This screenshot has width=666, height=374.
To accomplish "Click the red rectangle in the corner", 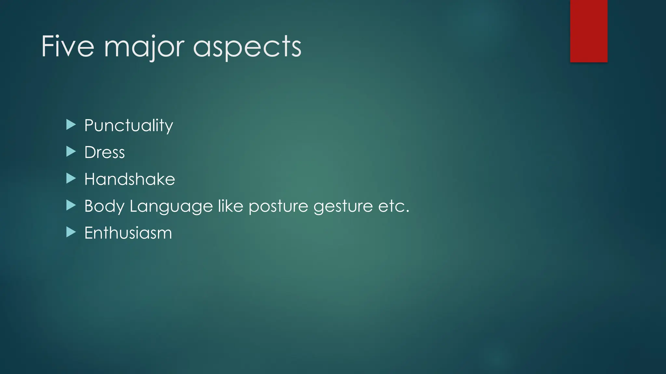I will [x=589, y=31].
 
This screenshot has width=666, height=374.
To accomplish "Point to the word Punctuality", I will [x=128, y=126].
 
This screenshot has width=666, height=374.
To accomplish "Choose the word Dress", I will [x=104, y=152].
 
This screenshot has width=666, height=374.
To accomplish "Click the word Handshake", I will [x=129, y=179].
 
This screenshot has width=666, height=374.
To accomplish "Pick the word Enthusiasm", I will [x=128, y=233].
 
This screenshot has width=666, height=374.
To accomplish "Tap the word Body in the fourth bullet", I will [x=104, y=206].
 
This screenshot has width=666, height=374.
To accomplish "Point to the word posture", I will [x=278, y=206].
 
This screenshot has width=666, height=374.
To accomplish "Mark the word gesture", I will [x=343, y=206].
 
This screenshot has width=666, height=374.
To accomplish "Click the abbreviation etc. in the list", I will [x=393, y=206].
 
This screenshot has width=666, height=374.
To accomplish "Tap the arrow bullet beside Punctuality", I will [x=71, y=124].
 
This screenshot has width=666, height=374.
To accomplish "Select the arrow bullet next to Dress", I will [x=71, y=151].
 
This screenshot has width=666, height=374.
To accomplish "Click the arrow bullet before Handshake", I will [x=71, y=178].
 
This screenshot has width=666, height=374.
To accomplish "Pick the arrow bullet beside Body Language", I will [x=71, y=205].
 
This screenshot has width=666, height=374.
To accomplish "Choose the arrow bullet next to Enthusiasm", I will [x=71, y=232].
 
